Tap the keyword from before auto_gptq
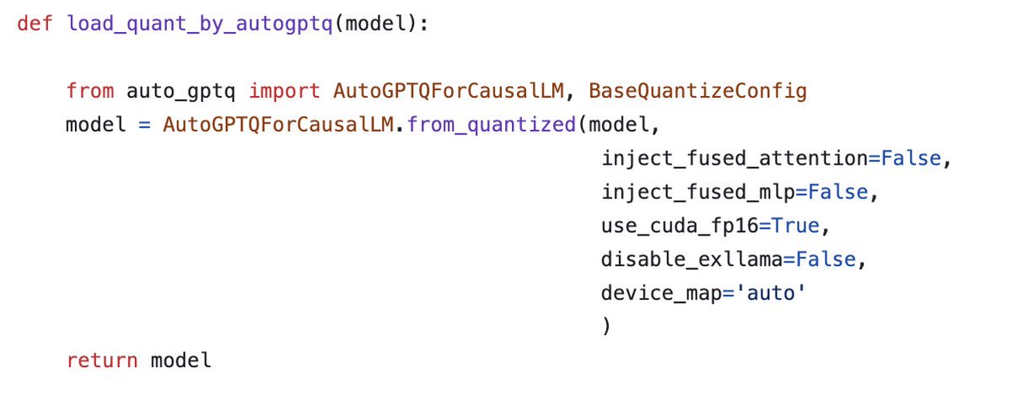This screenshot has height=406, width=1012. [88, 91]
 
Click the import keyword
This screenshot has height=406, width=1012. [283, 91]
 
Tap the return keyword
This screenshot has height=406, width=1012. [101, 361]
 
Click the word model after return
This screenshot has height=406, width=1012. [180, 361]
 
